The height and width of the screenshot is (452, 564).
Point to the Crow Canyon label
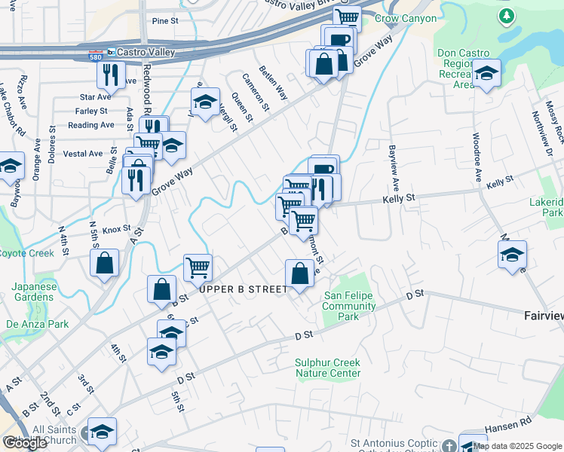pyautogui.click(x=406, y=18)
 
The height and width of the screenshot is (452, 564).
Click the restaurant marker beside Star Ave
pyautogui.click(x=110, y=75)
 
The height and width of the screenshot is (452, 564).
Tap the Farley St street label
pyautogui.click(x=92, y=111)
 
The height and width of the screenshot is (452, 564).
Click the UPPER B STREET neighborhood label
pyautogui.click(x=243, y=289)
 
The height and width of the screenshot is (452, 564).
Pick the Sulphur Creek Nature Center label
pyautogui.click(x=327, y=368)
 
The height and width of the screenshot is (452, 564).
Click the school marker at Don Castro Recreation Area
pyautogui.click(x=487, y=74)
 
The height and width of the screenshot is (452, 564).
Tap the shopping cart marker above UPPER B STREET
pyautogui.click(x=198, y=266)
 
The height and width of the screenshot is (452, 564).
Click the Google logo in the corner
pyautogui.click(x=25, y=444)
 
